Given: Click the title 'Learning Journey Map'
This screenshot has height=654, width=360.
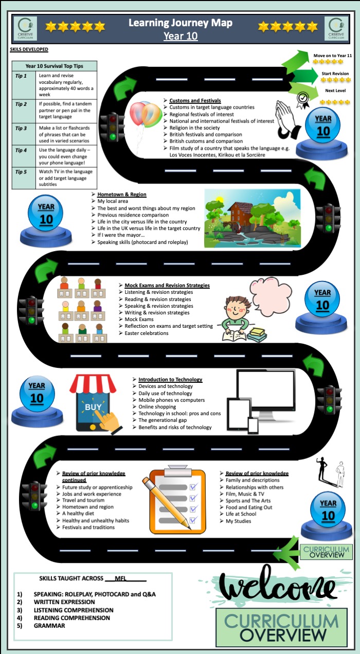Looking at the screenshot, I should [180, 23].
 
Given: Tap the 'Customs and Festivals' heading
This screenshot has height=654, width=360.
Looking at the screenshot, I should [195, 100].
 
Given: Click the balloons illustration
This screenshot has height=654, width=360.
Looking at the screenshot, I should [145, 116].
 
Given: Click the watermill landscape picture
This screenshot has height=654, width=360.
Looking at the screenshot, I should [252, 218].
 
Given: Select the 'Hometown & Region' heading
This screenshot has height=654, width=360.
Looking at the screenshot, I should [122, 195].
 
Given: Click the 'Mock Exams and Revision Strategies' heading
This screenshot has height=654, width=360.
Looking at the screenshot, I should [167, 285].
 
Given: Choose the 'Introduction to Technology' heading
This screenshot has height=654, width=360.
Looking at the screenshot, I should [170, 379].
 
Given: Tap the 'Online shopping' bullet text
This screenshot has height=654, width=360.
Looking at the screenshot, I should [157, 406].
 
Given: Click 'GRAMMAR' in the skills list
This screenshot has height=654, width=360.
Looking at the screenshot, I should [49, 626].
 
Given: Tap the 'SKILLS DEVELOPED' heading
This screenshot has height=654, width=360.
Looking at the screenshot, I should [29, 49].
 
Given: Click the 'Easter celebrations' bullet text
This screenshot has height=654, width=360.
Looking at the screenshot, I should [146, 333].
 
